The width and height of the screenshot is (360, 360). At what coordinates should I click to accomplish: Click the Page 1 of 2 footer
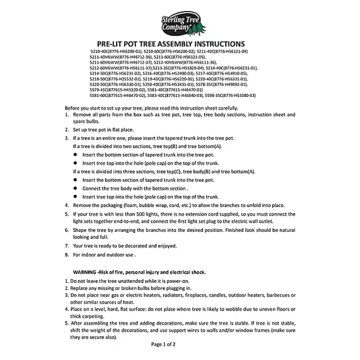click(163, 344)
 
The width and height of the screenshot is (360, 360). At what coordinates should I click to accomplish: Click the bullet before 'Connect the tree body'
click(75, 189)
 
